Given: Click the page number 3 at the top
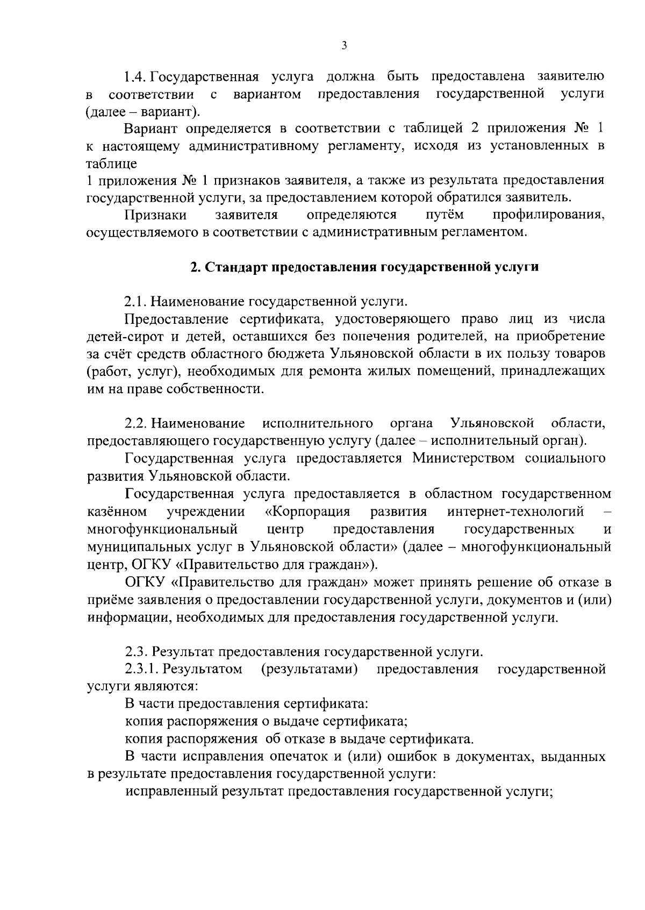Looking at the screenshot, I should (x=344, y=46).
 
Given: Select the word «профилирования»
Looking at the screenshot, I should (x=549, y=215).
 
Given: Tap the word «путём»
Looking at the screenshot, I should (x=445, y=215).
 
